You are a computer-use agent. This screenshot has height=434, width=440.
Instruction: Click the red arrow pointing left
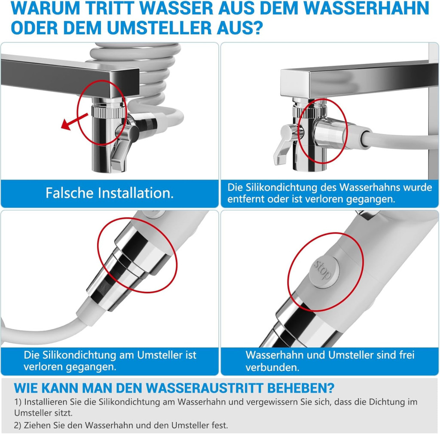pos(75,121)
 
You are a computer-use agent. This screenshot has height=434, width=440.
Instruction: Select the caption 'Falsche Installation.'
pos(110,193)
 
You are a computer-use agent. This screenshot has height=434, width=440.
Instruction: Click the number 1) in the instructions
pos(18,402)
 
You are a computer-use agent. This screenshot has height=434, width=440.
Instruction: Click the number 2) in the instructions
pos(18,425)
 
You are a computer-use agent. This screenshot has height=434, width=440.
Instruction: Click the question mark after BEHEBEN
pos(330,388)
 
